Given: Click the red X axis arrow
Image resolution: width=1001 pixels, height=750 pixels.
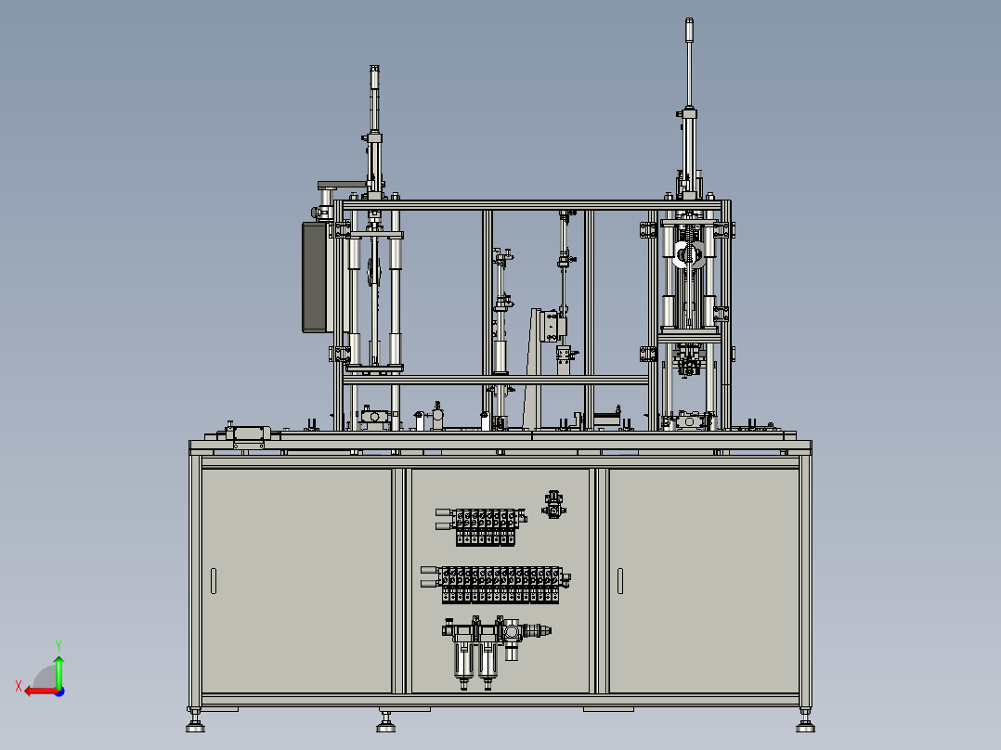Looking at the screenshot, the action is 42,692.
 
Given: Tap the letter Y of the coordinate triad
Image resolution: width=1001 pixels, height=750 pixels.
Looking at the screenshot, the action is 58,645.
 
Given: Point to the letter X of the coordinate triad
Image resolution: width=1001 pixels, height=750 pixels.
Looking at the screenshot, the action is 19,686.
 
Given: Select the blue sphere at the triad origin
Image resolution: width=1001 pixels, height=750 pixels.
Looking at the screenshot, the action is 59,692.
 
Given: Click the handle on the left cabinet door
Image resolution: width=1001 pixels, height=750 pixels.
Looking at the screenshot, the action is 214,581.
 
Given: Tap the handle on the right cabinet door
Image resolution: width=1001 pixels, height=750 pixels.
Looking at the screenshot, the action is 620,581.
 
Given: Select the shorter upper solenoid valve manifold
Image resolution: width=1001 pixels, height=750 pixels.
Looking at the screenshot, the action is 481,526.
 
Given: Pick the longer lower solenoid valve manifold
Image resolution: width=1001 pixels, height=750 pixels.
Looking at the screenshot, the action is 496,584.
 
